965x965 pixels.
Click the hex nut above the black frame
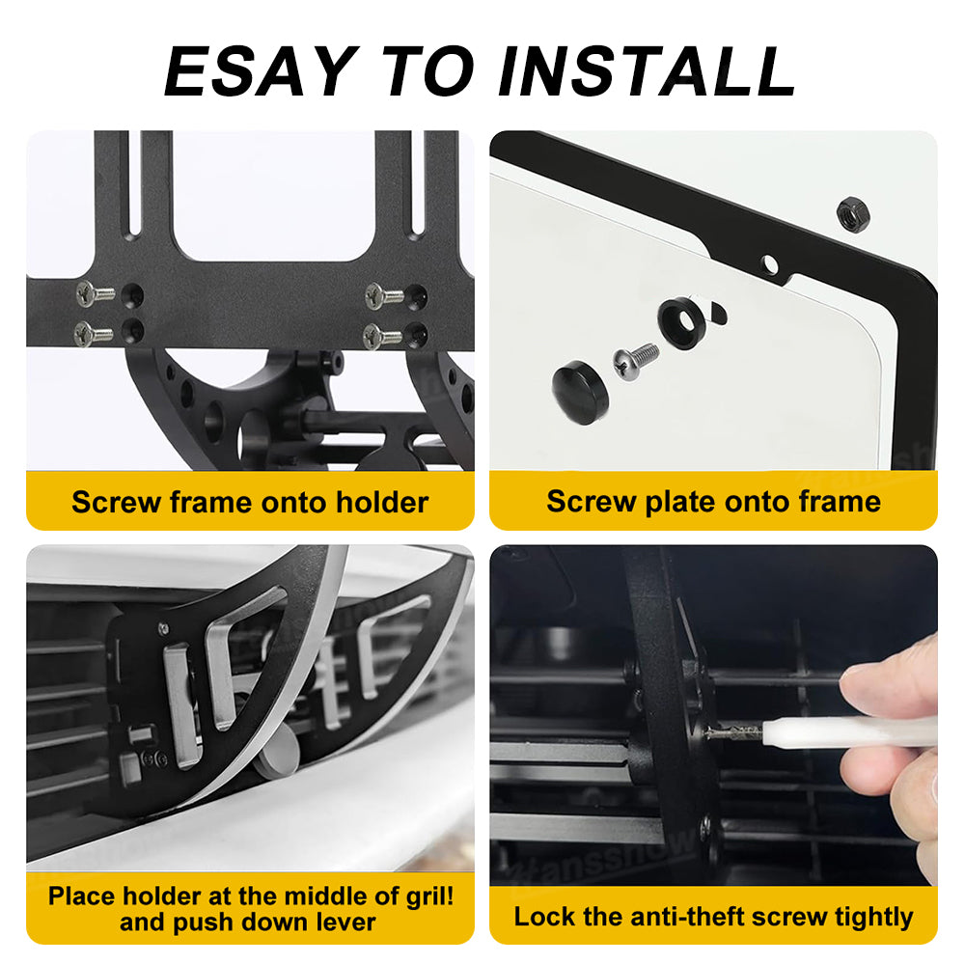point(853,213)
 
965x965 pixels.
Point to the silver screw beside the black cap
point(636,361)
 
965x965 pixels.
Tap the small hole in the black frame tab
point(769,265)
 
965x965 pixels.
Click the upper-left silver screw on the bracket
point(96,293)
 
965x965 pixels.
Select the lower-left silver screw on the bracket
point(94,334)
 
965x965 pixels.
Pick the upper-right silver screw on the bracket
point(384,296)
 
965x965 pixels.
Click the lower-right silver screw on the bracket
point(382,336)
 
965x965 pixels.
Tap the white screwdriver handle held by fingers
point(849,732)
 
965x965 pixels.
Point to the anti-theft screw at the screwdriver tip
point(735,732)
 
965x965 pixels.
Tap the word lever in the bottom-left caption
point(345,923)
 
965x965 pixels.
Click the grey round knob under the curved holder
point(276,756)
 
